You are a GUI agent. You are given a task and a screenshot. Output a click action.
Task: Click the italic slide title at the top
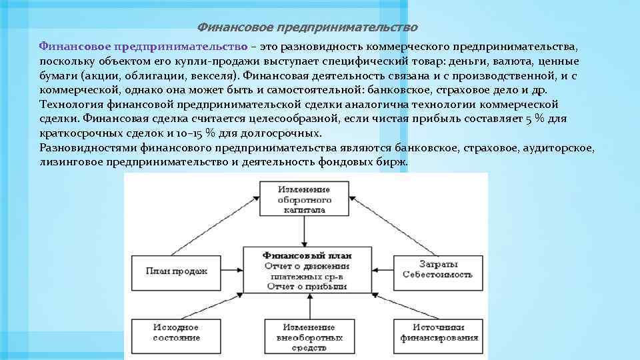point(307,28)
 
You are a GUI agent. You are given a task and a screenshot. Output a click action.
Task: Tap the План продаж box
point(177,271)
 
